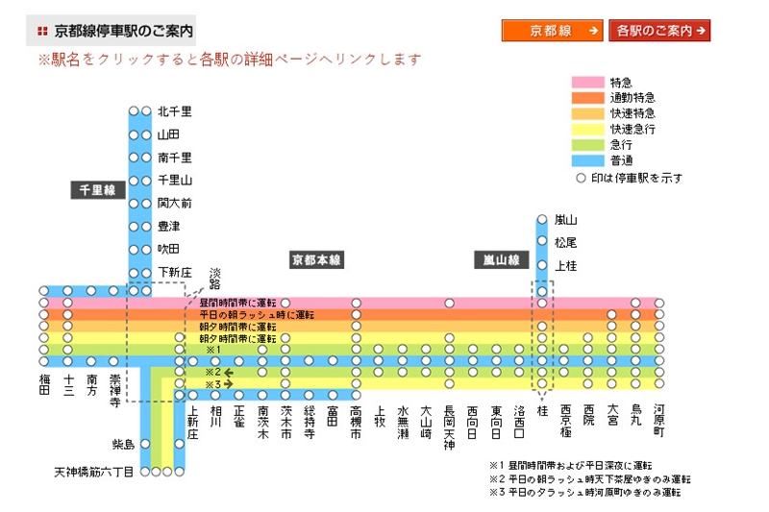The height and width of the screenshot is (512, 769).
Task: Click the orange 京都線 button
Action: click(x=552, y=31)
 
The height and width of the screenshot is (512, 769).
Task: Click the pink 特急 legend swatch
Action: click(x=588, y=83)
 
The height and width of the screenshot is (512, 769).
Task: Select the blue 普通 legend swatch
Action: click(x=588, y=160)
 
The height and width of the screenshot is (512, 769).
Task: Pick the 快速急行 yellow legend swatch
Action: click(x=588, y=129)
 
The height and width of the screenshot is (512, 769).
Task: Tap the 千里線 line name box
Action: click(x=96, y=190)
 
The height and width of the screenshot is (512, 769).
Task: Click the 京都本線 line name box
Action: click(x=317, y=260)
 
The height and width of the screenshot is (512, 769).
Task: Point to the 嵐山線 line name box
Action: click(x=500, y=260)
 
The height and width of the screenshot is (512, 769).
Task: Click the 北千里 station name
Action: click(x=175, y=111)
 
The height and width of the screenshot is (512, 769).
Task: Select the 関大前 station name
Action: click(x=175, y=203)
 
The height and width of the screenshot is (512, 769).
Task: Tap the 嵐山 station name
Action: click(x=565, y=220)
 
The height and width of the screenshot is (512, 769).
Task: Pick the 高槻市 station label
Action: click(x=356, y=420)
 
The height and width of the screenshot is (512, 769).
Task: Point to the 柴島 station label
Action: click(x=123, y=444)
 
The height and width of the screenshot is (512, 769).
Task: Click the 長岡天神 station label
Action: click(x=449, y=426)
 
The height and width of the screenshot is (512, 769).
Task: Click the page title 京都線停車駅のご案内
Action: click(x=123, y=32)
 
